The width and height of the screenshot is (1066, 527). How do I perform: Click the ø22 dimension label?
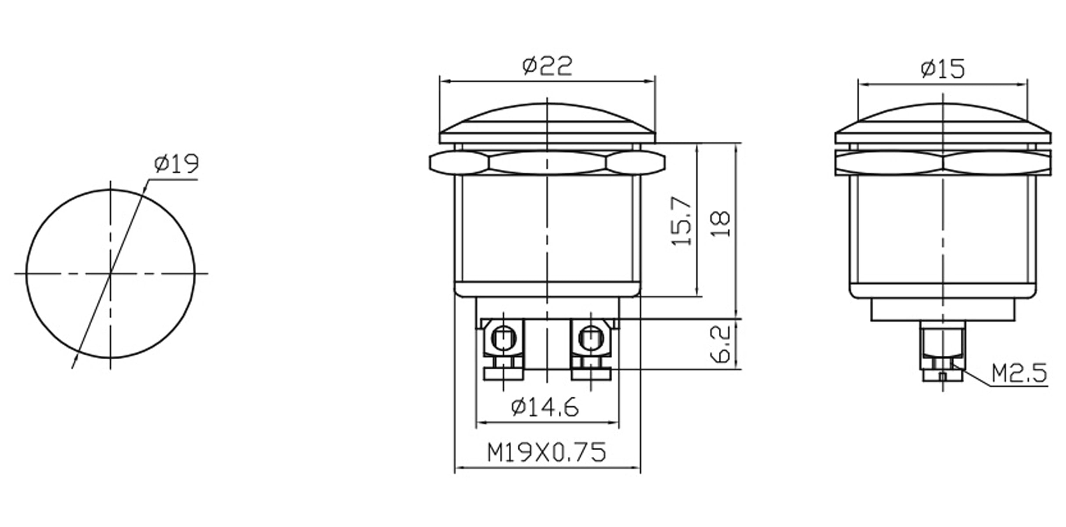[x=547, y=66]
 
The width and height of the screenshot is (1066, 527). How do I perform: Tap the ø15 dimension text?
[x=943, y=69]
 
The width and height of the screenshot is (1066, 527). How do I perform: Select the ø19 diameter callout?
[x=176, y=163]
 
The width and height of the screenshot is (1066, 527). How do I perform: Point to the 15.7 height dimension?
[x=682, y=220]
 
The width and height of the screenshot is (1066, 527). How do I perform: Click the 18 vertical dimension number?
[x=720, y=224]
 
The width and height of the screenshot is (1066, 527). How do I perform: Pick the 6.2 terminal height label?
[x=720, y=344]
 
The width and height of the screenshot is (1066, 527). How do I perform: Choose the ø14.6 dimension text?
[x=545, y=407]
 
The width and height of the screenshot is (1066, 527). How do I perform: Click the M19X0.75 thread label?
[x=547, y=452]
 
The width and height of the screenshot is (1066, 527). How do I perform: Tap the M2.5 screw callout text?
[x=1019, y=373]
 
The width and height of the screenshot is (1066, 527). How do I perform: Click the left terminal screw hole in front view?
[x=503, y=338]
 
